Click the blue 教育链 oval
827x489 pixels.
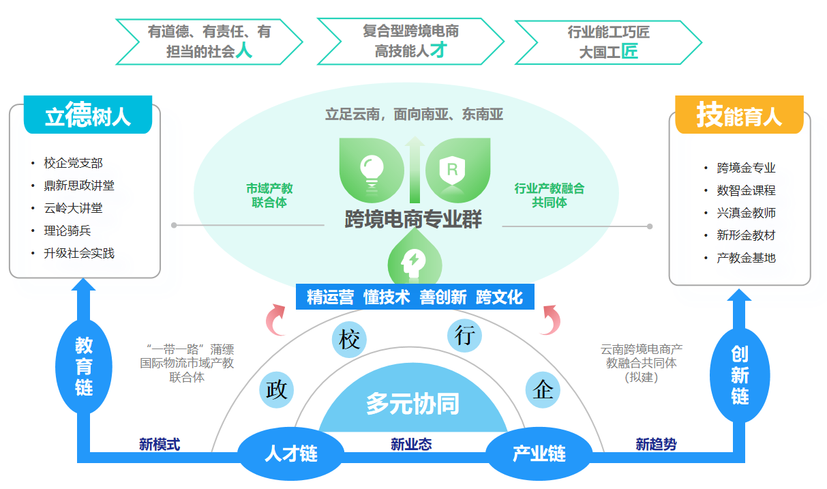84,367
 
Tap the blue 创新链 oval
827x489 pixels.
740,374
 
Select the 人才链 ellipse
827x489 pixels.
290,453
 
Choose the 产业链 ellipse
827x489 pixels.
539,453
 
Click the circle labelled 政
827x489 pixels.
277,389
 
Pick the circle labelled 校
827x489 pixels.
349,339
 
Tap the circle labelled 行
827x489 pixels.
464,336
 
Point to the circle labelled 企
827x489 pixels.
543,389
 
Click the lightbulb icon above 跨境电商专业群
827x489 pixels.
372,168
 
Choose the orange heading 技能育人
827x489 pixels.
738,116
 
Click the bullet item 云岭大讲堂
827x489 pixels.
74,208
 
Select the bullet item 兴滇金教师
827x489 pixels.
746,213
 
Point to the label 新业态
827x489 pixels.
411,444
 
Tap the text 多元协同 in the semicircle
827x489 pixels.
412,404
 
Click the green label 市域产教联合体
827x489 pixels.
269,195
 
